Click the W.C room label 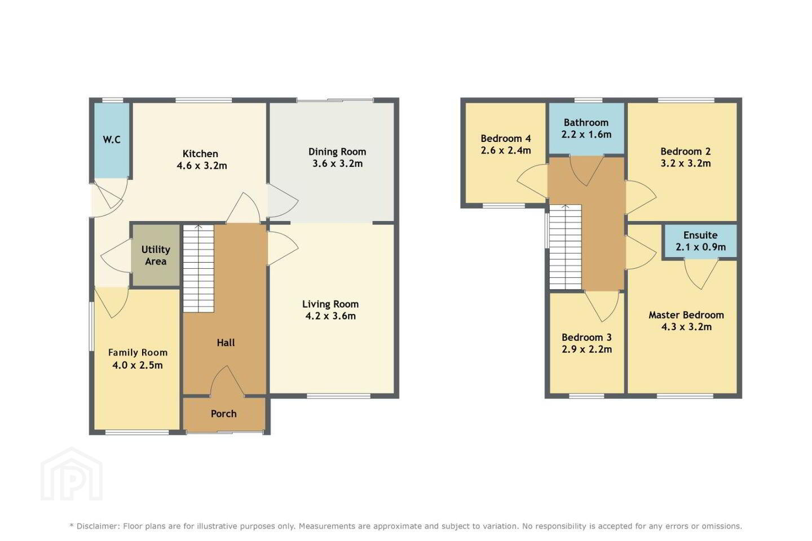pos(111,140)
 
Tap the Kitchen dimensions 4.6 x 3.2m pos(202,166)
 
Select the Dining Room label pos(337,152)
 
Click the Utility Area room pos(156,255)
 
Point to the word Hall pos(226,343)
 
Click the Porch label pos(224,414)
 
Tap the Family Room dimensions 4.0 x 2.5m pos(138,365)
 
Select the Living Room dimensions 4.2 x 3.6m pos(330,316)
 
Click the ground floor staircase pos(198,268)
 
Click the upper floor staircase pos(566,247)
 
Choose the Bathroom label pos(586,122)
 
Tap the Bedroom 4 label pos(506,139)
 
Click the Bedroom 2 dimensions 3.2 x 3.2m pos(686,163)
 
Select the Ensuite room pos(700,241)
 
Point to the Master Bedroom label pos(686,315)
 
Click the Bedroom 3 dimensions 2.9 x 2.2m pos(586,349)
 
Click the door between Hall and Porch pos(227,380)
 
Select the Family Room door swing pos(112,303)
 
